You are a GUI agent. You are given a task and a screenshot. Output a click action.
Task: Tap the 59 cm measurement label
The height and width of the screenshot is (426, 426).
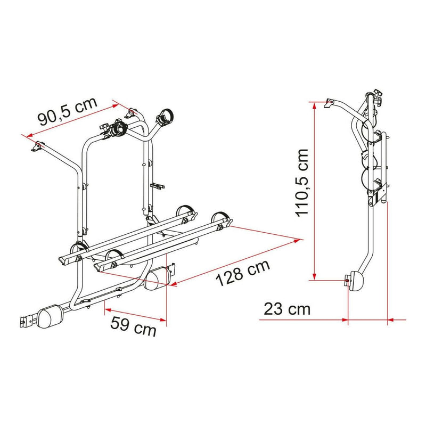click(133, 325)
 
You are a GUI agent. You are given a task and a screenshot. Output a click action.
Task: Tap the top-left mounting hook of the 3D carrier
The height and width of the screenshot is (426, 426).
click(38, 145)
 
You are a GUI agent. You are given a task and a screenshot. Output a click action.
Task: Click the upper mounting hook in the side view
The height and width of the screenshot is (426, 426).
click(329, 103)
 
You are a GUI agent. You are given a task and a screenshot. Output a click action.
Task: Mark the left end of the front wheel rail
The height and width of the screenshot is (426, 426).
click(60, 256)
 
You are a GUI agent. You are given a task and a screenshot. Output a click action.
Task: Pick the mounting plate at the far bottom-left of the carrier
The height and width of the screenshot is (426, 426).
click(23, 322)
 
